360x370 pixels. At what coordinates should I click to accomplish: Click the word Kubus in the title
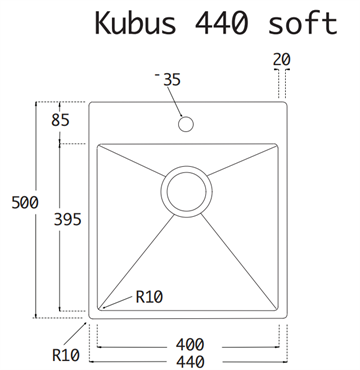(135, 23)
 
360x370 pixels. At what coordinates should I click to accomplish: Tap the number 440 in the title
(221, 23)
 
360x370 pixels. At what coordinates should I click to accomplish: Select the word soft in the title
(303, 23)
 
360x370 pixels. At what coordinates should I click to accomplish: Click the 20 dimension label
(282, 60)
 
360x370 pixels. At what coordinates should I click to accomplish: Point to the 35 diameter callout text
(172, 80)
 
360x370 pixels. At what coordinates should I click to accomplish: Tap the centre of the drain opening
(186, 192)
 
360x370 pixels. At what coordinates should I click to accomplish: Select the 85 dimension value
(60, 120)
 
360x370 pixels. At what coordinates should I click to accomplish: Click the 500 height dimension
(25, 202)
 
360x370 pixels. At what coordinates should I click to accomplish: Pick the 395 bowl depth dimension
(68, 219)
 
